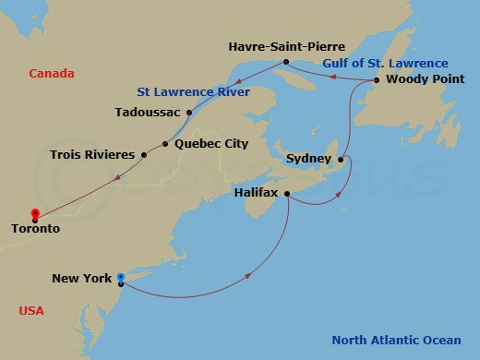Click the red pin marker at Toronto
[x=34, y=214]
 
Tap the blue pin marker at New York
[x=121, y=277]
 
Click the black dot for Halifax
[x=288, y=194]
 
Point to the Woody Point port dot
[x=377, y=80]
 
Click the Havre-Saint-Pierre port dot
[x=286, y=63]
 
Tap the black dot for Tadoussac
[x=188, y=113]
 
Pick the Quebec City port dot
[x=165, y=143]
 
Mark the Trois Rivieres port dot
[x=144, y=154]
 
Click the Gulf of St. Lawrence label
[x=385, y=64]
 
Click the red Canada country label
[x=51, y=74]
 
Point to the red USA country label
[x=31, y=311]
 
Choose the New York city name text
[x=81, y=278]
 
